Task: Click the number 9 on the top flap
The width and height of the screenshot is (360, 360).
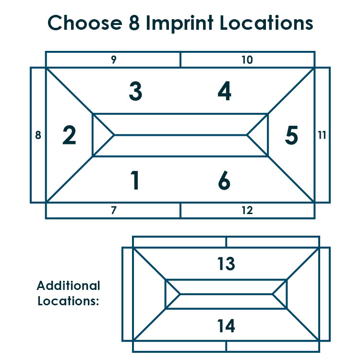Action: click(114, 60)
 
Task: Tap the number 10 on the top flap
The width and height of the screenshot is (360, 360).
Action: click(247, 60)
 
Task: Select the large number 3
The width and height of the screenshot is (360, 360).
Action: click(136, 91)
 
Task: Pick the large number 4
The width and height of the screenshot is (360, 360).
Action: click(225, 91)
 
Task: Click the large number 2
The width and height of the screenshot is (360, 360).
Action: click(69, 135)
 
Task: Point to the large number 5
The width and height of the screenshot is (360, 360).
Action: click(291, 135)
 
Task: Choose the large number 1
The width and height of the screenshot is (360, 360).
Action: click(135, 180)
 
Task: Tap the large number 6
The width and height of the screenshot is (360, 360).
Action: click(224, 180)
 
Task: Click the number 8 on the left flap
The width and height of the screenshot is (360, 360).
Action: click(38, 135)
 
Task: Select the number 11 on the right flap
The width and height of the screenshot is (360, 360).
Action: click(322, 135)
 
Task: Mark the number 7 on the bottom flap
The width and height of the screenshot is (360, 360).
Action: click(114, 210)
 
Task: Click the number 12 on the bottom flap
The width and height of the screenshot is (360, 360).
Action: click(247, 210)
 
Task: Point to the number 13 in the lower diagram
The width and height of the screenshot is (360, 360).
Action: click(226, 264)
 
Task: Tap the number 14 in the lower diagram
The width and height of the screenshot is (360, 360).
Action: click(226, 326)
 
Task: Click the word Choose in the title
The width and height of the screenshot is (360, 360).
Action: click(85, 23)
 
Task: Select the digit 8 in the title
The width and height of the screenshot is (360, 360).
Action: click(134, 23)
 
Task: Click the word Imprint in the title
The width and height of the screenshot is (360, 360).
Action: click(180, 24)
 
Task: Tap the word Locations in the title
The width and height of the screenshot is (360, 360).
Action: click(266, 23)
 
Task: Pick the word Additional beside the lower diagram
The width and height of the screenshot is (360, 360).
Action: click(69, 286)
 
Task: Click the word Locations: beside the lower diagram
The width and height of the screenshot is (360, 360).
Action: click(68, 301)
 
